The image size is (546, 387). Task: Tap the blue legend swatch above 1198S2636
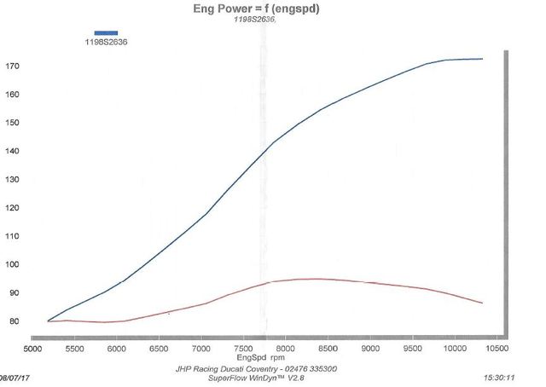coord(106,33)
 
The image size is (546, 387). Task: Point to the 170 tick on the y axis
coord(13,66)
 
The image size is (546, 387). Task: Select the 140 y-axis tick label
coord(13,151)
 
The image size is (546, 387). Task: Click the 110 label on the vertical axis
coord(13,236)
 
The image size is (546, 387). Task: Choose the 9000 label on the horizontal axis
coord(370,348)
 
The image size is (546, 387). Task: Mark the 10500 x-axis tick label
coord(497,348)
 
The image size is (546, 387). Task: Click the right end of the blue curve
coord(483,59)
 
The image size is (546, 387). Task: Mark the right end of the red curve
coord(483,303)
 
